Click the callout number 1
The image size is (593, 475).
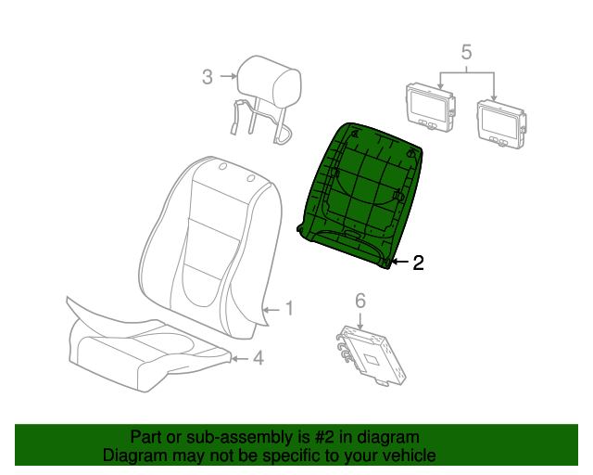[289, 308]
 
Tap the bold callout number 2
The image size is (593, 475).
[418, 263]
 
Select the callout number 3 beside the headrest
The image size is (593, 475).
[208, 77]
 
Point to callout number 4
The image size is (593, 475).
[259, 357]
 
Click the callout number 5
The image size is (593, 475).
[467, 52]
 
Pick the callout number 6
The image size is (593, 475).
[360, 301]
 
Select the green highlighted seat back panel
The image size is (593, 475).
[360, 196]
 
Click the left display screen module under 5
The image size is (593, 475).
[431, 108]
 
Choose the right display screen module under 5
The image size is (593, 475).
[501, 123]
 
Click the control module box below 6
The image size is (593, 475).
[372, 355]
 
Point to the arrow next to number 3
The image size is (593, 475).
[228, 76]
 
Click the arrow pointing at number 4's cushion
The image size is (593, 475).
[240, 358]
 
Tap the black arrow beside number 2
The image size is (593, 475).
[400, 262]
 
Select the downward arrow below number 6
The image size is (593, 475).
[360, 320]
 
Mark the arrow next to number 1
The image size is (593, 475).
[271, 310]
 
